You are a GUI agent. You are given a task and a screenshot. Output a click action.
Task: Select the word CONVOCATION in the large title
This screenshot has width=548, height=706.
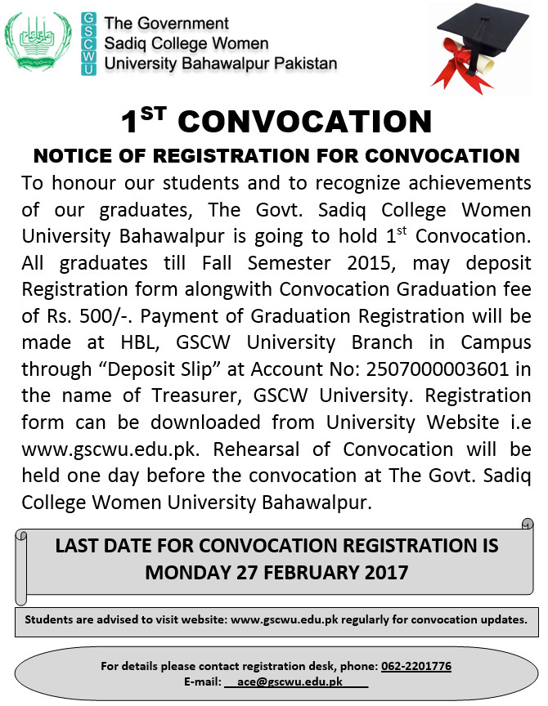point(304,123)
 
